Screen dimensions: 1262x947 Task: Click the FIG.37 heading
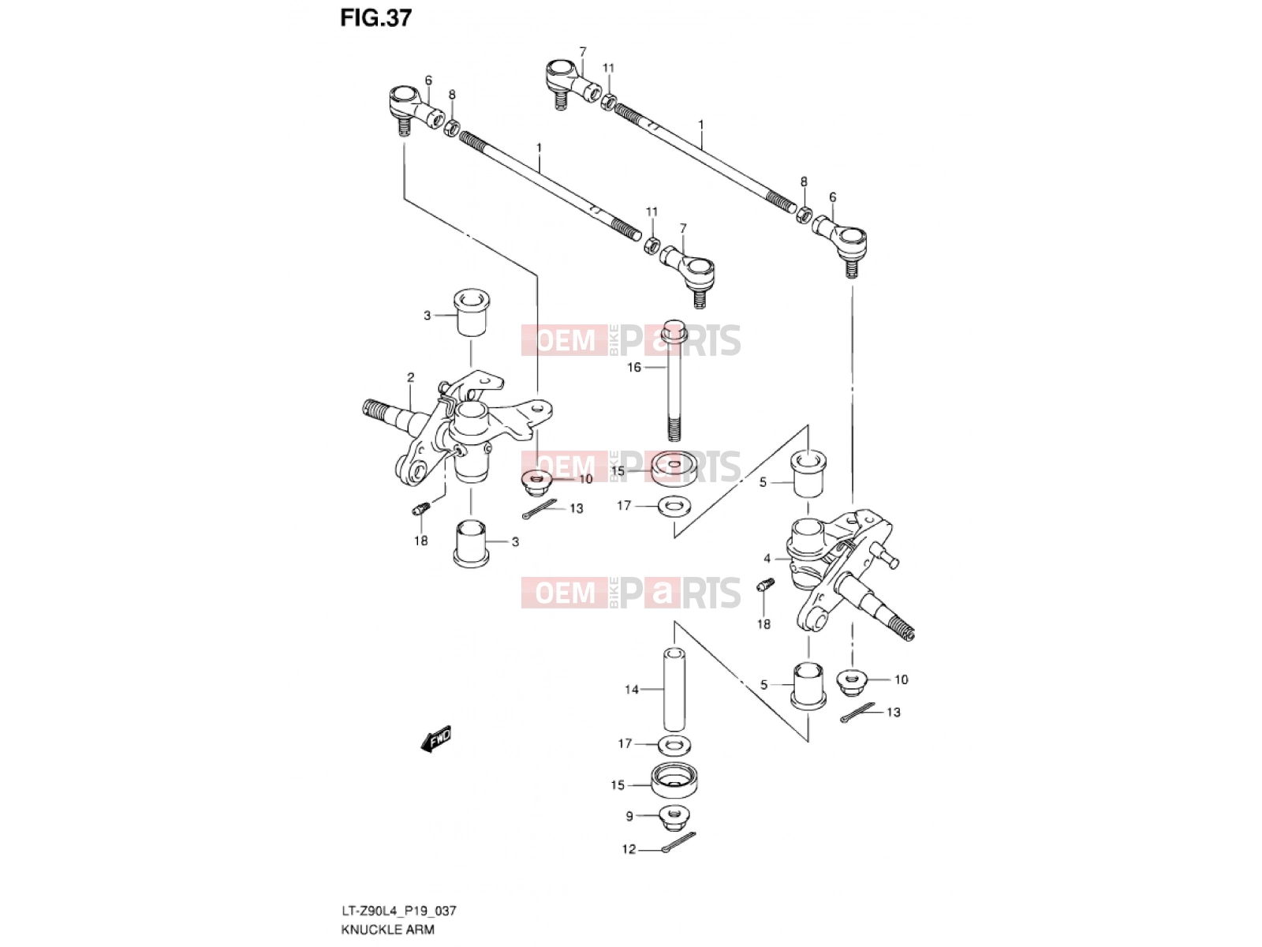376,18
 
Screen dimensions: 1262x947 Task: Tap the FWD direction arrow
436,739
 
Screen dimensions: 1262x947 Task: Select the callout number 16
633,368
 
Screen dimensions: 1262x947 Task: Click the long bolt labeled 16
674,380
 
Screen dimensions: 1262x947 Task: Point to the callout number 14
631,689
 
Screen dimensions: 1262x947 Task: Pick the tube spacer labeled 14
674,690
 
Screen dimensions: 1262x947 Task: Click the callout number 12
629,849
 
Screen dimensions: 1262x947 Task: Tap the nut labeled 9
674,818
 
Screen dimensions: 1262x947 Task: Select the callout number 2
410,378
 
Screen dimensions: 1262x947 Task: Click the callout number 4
767,558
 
